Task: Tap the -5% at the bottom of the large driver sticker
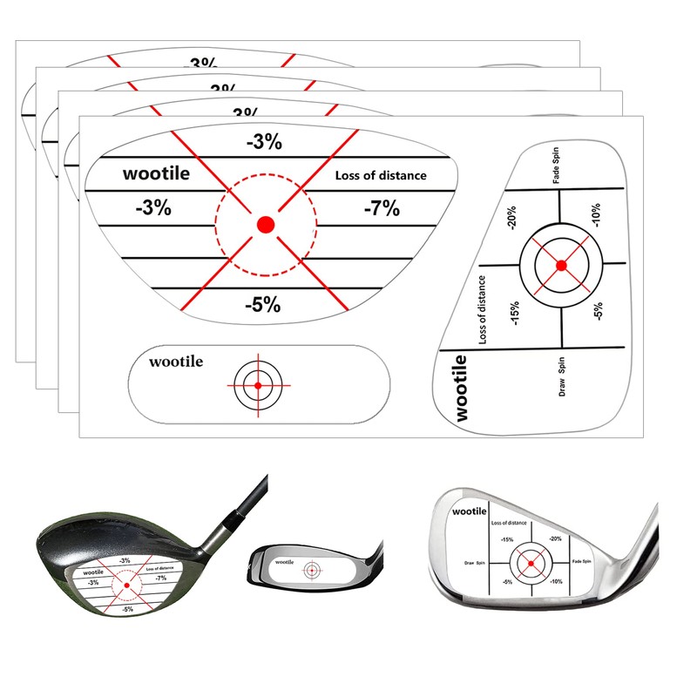(x=262, y=304)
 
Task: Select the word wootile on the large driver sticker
(x=156, y=173)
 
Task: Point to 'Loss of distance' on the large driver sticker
(x=381, y=175)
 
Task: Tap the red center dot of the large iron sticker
(x=561, y=265)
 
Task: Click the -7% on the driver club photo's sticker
(x=160, y=578)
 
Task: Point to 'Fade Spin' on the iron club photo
(x=583, y=564)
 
